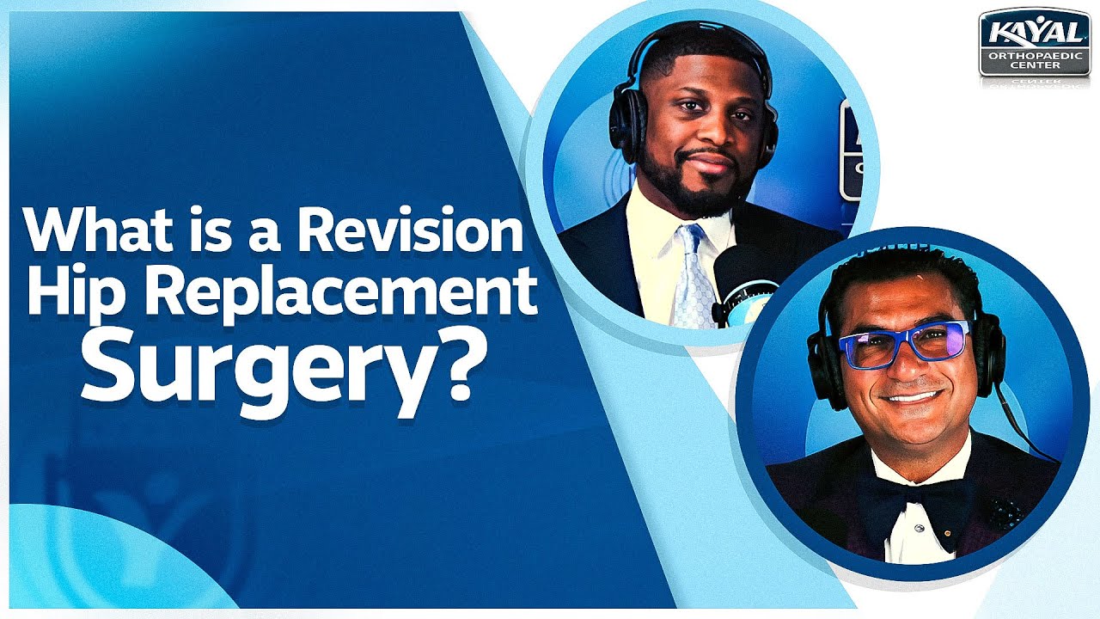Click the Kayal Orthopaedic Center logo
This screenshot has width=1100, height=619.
click(1035, 44)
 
